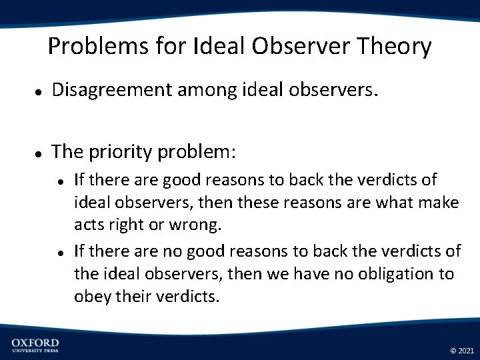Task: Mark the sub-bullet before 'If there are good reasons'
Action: pos(60,181)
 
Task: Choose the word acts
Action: pos(89,225)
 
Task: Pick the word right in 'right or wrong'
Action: pos(129,225)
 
